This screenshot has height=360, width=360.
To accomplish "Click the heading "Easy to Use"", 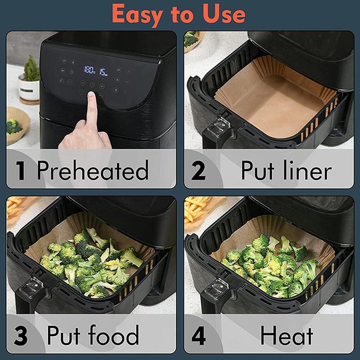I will [x=179, y=14].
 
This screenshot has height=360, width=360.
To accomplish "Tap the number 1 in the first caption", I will [x=20, y=171].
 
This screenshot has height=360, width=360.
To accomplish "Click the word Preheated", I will [x=93, y=171].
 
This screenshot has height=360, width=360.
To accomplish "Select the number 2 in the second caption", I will [x=198, y=171].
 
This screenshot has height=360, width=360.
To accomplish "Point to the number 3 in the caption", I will [x=20, y=336].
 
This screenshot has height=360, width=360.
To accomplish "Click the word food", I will [x=112, y=336].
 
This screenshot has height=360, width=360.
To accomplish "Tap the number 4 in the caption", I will [x=198, y=336].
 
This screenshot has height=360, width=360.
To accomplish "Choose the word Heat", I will [x=287, y=336].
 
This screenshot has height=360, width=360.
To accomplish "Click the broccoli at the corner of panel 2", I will [x=191, y=39].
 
